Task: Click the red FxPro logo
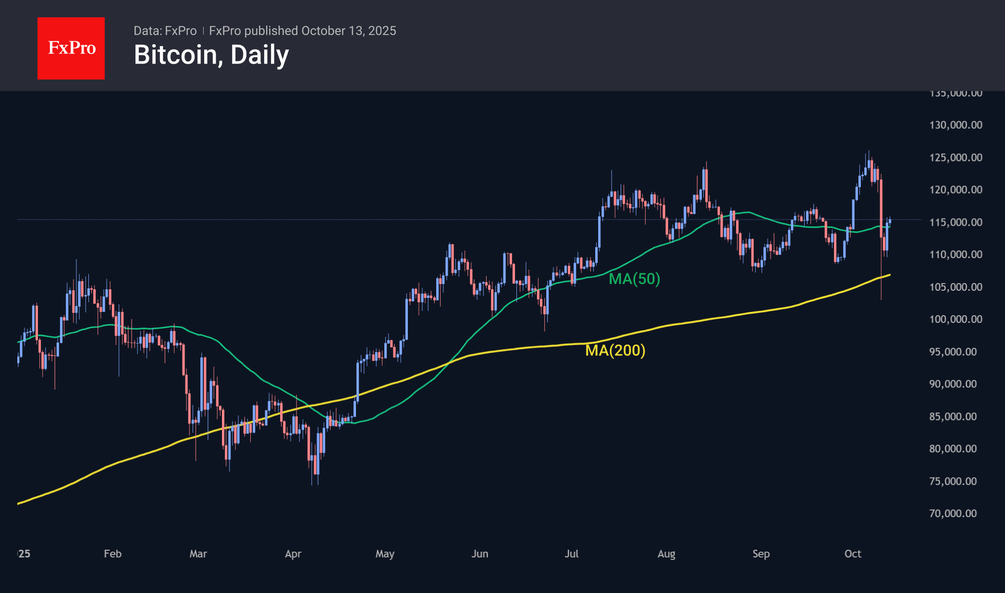tap(71, 48)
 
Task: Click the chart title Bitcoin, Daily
tap(211, 55)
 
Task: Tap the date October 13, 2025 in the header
tap(349, 31)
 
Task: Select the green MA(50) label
tap(634, 279)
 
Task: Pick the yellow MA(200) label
tap(615, 350)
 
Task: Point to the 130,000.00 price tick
tap(956, 125)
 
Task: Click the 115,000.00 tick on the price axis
tap(956, 222)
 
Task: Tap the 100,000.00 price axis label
tap(956, 319)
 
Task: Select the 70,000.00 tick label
tap(953, 513)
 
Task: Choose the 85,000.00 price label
tap(953, 416)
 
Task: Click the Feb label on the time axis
tap(113, 554)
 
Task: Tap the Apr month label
tap(293, 554)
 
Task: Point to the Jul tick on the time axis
tap(572, 554)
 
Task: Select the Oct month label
tap(853, 554)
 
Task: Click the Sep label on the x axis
tap(761, 554)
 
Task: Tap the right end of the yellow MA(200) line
tap(889, 275)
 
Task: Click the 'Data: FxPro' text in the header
tap(165, 31)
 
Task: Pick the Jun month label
tap(480, 554)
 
